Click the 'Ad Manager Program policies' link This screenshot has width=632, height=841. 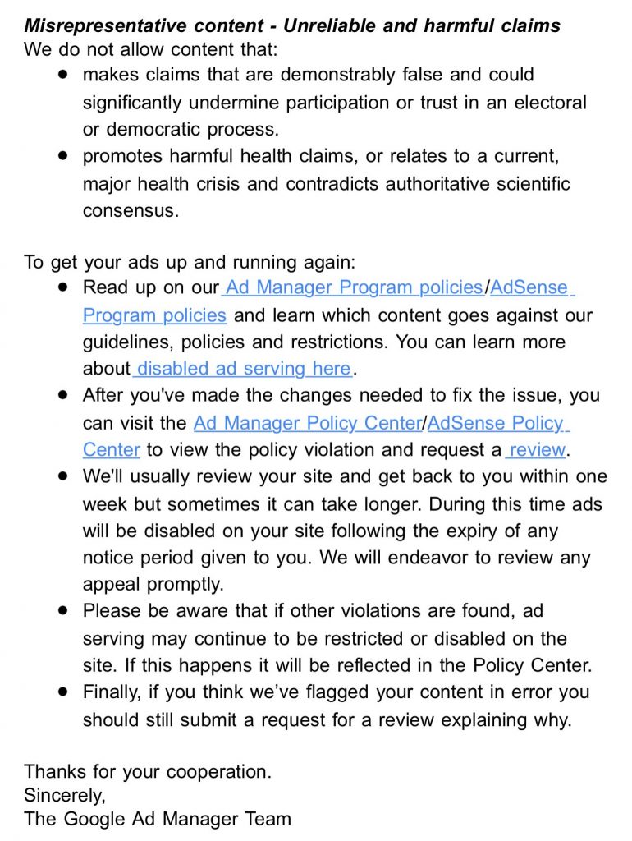tap(354, 287)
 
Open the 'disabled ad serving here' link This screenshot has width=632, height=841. tap(244, 369)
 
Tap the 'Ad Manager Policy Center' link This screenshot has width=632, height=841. tap(306, 423)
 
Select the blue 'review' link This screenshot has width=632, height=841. tap(538, 450)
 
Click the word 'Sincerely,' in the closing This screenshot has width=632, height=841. tap(65, 795)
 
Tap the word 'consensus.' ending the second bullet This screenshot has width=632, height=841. tap(130, 210)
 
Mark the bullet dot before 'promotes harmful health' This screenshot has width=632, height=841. tap(63, 155)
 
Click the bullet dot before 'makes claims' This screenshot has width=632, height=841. tap(63, 75)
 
